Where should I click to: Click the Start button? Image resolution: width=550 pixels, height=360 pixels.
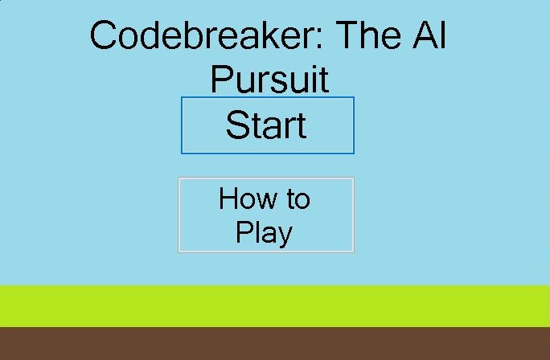268,125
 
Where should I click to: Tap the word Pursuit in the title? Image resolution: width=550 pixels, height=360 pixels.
269,80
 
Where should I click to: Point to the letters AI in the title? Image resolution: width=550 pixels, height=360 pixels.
429,35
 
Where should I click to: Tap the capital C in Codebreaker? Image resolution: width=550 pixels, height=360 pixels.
103,35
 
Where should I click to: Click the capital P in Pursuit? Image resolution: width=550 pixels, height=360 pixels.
223,79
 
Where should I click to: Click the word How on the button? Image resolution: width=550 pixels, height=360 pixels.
248,198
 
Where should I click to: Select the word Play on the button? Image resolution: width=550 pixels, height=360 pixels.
264,233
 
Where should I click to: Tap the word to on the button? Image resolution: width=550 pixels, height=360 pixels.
298,199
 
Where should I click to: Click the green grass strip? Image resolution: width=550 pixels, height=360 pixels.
275,306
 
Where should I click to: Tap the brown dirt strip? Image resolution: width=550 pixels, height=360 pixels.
275,343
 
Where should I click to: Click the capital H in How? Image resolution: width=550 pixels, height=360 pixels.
228,198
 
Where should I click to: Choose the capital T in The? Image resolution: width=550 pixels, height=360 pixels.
347,35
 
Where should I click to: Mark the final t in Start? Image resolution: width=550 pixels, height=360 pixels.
302,126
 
